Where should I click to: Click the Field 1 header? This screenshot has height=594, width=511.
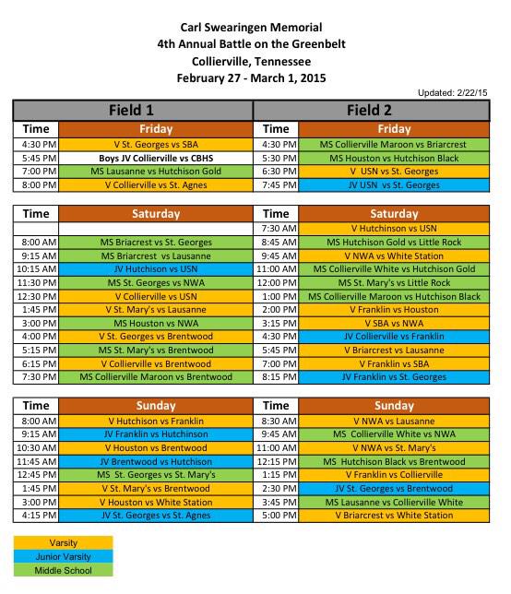pyautogui.click(x=132, y=110)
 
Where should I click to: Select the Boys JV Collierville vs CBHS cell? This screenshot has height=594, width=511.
pyautogui.click(x=156, y=159)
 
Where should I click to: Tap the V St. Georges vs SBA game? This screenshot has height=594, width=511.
pyautogui.click(x=156, y=145)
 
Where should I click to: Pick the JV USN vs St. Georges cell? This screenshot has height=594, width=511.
pyautogui.click(x=394, y=185)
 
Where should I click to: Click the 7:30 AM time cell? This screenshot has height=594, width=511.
pyautogui.click(x=277, y=229)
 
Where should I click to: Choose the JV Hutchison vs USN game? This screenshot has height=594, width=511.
pyautogui.click(x=156, y=269)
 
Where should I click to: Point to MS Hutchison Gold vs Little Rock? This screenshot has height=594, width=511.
pyautogui.click(x=394, y=243)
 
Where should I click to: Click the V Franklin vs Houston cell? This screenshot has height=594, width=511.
pyautogui.click(x=394, y=311)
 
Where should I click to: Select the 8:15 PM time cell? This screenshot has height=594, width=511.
pyautogui.click(x=277, y=377)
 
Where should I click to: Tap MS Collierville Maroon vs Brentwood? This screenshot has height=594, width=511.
pyautogui.click(x=156, y=377)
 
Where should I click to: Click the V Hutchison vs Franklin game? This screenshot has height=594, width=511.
pyautogui.click(x=156, y=421)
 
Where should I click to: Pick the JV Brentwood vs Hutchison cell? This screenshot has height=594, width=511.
pyautogui.click(x=156, y=461)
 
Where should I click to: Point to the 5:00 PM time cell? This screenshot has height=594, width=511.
pyautogui.click(x=277, y=516)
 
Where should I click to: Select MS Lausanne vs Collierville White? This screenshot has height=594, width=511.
pyautogui.click(x=394, y=502)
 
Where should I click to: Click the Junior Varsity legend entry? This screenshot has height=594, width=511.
pyautogui.click(x=63, y=557)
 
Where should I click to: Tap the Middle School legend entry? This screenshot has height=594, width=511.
pyautogui.click(x=63, y=571)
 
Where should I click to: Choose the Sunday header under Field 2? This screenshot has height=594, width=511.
pyautogui.click(x=394, y=406)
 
